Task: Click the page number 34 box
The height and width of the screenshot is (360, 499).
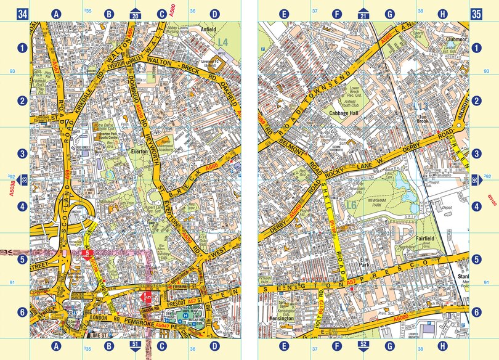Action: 23,13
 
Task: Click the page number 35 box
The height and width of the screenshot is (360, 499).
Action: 476,13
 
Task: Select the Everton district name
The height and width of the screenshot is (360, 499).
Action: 138,150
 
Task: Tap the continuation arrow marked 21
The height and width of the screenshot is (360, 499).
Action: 363,13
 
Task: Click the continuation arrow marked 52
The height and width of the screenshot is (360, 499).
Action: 363,345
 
